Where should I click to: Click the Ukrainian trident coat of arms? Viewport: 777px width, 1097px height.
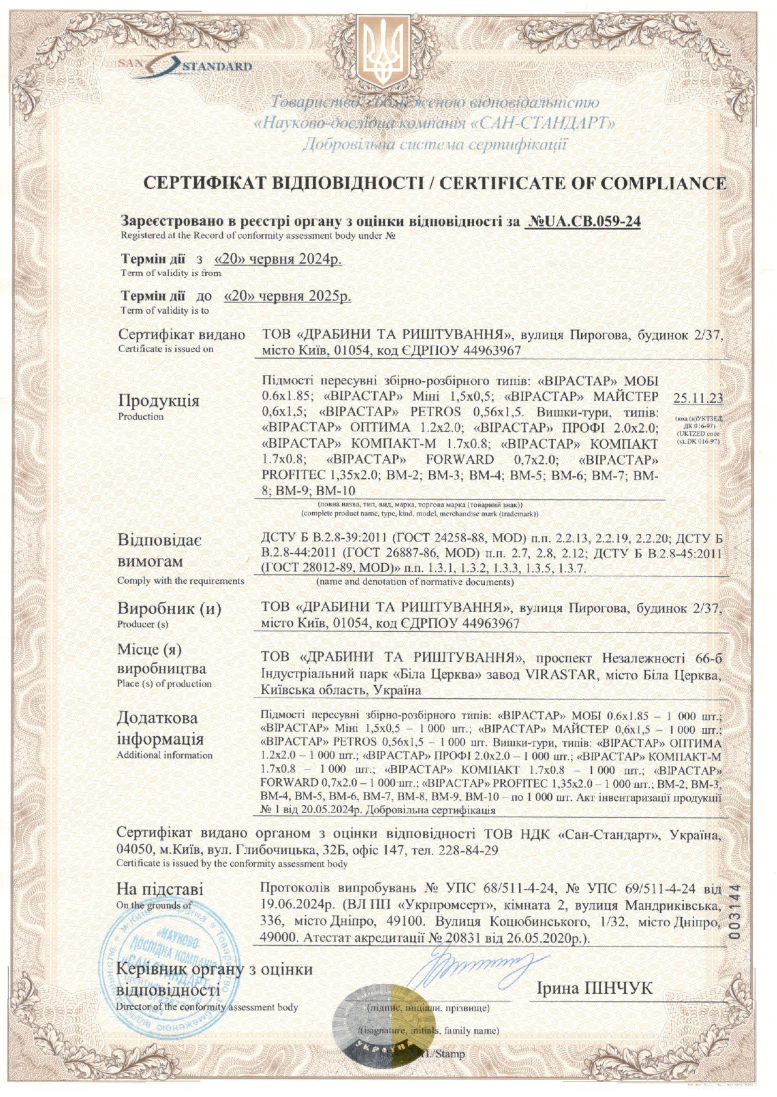coord(382,52)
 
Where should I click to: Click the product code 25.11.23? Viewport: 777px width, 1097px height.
coord(698,398)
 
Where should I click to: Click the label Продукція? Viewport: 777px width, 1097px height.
coord(158,401)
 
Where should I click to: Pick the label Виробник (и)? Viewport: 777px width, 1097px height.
coord(169,608)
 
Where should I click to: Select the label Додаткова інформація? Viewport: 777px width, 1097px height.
coord(160,728)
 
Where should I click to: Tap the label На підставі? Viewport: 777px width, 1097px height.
coord(160,889)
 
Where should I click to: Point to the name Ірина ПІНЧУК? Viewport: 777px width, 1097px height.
coord(594,988)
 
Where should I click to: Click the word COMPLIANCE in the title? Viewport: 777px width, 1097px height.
coord(663,183)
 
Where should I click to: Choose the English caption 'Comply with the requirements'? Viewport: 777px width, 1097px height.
coord(181,581)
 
